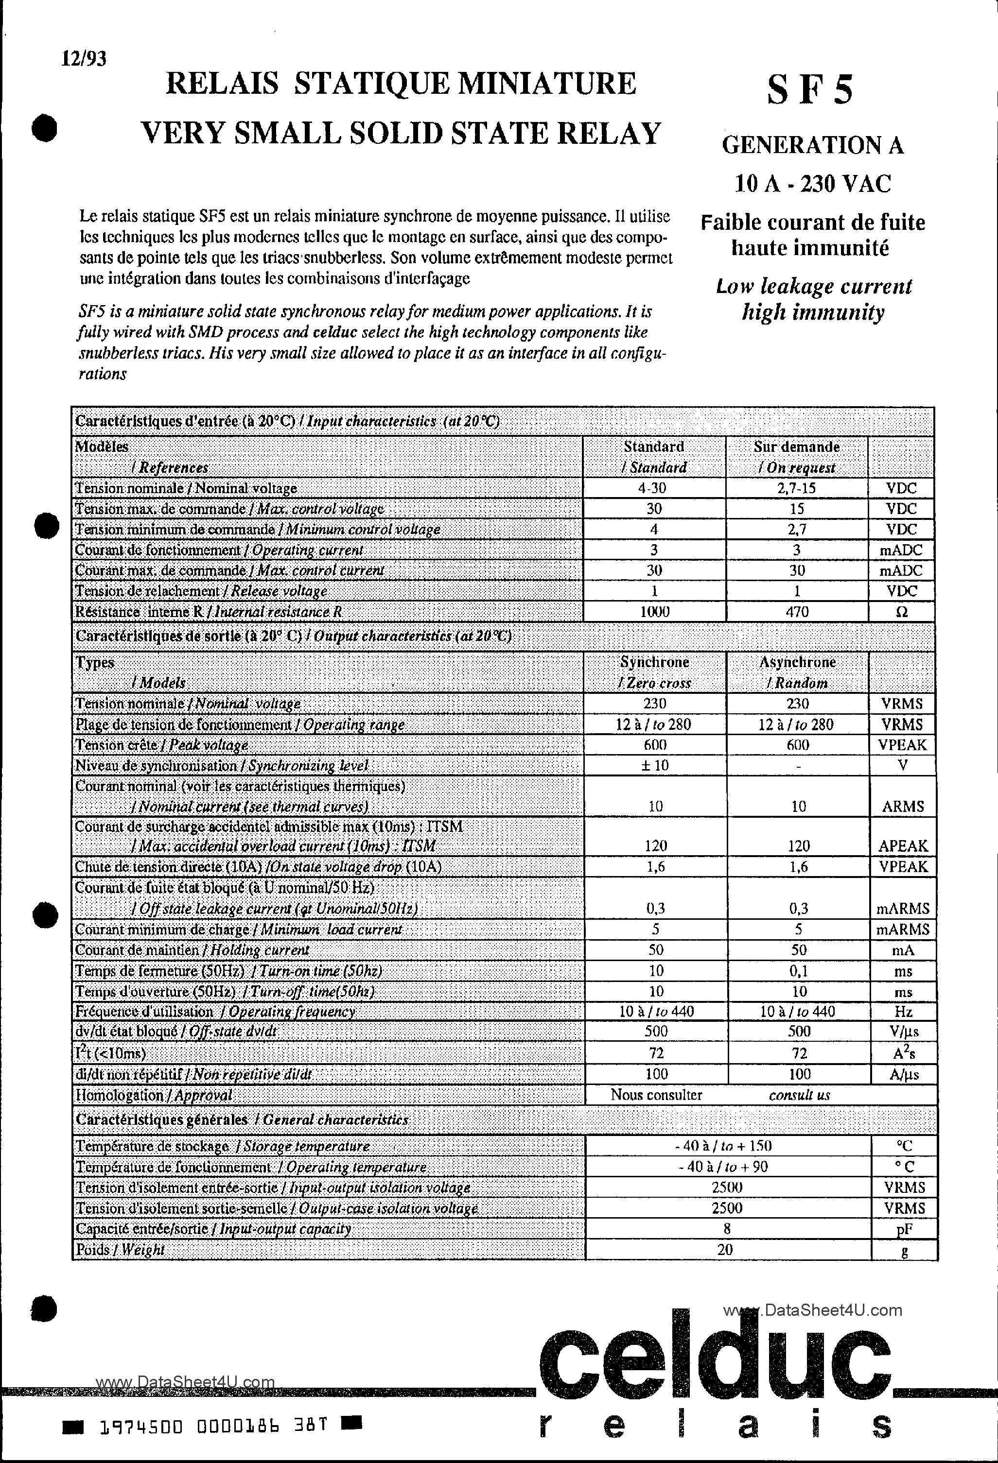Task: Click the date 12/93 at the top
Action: [84, 59]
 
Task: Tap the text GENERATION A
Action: [812, 145]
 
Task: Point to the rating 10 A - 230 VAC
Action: [813, 184]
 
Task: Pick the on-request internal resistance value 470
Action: [797, 612]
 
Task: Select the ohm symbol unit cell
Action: [901, 612]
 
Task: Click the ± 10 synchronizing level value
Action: [655, 765]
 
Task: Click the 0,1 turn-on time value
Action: [798, 971]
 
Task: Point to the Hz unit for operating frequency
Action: [903, 1012]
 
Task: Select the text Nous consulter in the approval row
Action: [656, 1095]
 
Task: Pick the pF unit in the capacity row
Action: [904, 1229]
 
